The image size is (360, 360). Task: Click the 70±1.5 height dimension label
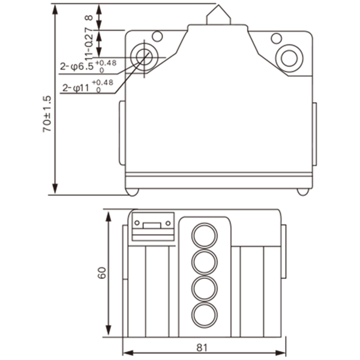pyautogui.click(x=47, y=114)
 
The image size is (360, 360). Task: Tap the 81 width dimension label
pyautogui.click(x=202, y=348)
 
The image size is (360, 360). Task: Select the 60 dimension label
pyautogui.click(x=102, y=273)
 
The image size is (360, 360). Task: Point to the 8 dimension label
pyautogui.click(x=89, y=17)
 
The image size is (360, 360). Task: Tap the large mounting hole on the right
pyautogui.click(x=289, y=58)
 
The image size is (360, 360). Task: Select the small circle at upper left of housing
pyautogui.click(x=157, y=36)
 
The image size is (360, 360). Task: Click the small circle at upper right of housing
pyautogui.click(x=277, y=38)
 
